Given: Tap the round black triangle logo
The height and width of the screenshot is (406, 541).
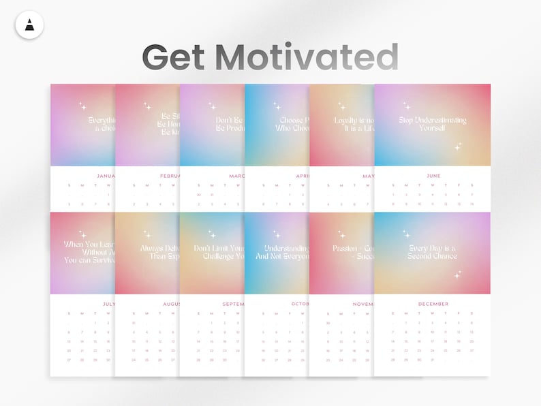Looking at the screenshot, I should [x=29, y=25].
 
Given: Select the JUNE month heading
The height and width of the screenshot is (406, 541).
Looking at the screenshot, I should [x=433, y=176].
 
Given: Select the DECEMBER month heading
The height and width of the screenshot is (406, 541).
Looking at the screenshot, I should [x=433, y=304].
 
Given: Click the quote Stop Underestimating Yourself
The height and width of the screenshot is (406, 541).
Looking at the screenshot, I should [x=433, y=124].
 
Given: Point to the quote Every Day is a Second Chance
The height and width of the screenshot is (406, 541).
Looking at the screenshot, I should [x=433, y=252].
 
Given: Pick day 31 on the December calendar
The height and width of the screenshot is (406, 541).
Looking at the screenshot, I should [x=433, y=360].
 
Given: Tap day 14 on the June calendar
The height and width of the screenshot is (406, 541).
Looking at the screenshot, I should [x=471, y=204].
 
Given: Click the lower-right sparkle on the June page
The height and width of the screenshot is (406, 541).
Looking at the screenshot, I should [x=458, y=146].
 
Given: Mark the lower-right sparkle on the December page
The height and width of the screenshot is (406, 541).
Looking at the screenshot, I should [x=458, y=274].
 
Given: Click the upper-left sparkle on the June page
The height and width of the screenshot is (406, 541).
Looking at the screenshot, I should [x=407, y=106].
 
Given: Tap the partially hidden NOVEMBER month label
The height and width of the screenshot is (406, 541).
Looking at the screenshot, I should [x=363, y=304].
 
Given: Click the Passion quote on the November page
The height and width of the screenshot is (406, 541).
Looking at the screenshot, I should [x=352, y=252].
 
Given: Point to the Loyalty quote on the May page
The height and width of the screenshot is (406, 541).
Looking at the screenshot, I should [x=354, y=124].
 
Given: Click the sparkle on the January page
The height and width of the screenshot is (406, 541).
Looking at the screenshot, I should [x=82, y=106].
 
